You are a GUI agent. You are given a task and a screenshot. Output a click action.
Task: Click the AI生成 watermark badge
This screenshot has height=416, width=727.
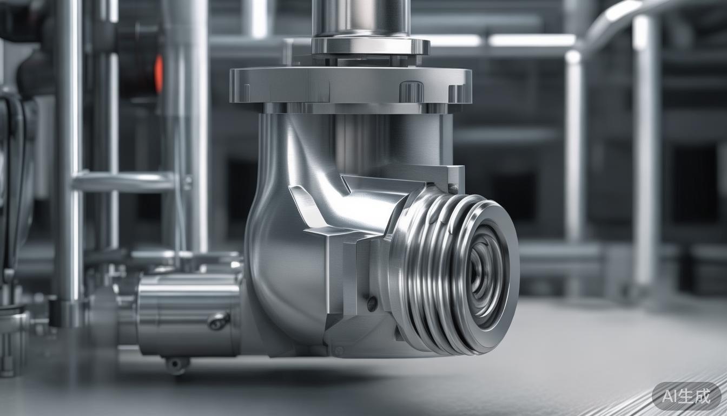pos(686,396)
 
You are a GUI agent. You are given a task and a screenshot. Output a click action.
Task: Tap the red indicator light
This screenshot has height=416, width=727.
pos(158,74)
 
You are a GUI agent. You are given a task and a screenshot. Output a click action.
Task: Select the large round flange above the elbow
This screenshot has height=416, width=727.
pos(350,86)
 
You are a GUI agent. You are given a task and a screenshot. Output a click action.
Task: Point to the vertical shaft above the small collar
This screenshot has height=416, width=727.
pos(361,17)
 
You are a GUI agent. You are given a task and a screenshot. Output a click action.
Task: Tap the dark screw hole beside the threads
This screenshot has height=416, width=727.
pos(372,304)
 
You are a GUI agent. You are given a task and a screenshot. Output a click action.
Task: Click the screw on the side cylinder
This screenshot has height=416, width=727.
pos(218,321)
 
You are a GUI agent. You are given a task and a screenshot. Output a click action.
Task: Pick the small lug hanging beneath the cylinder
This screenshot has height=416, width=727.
pos(177,364)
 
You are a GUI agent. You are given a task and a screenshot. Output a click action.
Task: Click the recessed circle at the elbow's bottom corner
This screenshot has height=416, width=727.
pos(339,350)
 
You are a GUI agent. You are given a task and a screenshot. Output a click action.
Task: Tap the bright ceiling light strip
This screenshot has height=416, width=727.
pos(531,40)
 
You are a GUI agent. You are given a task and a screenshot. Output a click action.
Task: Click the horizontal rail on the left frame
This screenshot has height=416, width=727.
pos(124,182)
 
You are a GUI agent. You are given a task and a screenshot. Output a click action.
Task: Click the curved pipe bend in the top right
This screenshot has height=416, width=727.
pos(611,22)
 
